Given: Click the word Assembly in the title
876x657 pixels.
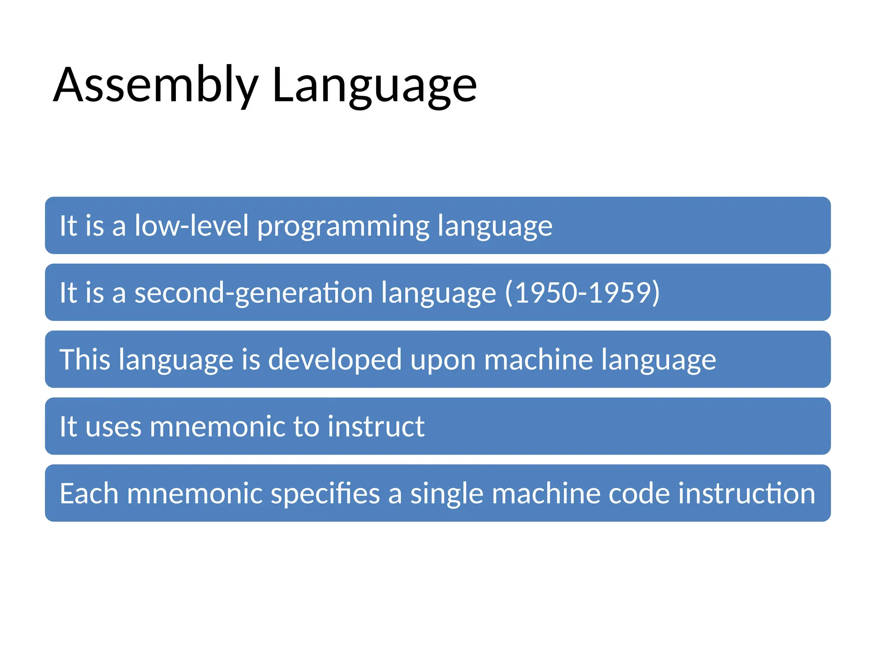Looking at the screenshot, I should coord(156,86).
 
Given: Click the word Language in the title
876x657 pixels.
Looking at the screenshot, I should coord(374,86).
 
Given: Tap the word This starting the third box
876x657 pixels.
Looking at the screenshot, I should coord(85,359).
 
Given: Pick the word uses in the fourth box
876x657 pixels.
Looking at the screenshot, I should coord(113,427).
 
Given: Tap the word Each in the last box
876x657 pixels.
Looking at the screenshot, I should coord(89,493).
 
